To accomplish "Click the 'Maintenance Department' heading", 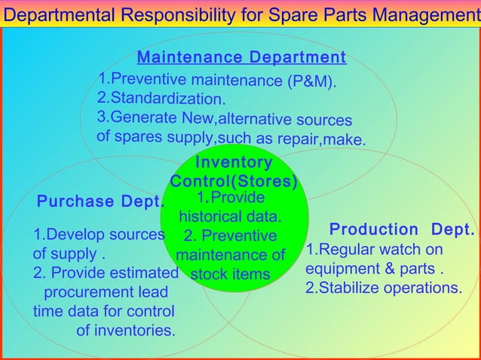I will (x=241, y=58).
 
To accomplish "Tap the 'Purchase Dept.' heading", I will (x=101, y=202).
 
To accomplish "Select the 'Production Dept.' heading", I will (x=402, y=229).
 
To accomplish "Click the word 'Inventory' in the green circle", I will (x=234, y=163).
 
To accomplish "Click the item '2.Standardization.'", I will (x=161, y=99).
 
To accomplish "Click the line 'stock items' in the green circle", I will (x=230, y=274).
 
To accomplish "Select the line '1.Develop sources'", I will (x=98, y=235).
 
